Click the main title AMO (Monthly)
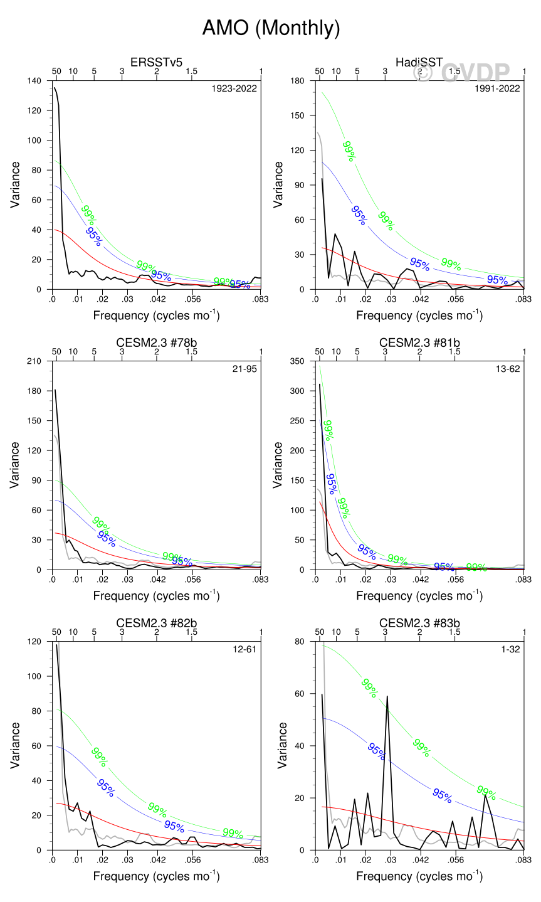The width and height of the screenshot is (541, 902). coord(271,28)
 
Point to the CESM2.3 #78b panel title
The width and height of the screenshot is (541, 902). coord(156,342)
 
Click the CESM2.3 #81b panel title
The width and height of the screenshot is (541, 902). coord(419,342)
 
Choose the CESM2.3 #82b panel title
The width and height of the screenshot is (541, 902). coord(156,623)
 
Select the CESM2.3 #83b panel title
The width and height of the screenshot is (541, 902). coord(419,623)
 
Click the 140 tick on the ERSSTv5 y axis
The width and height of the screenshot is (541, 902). coord(35,81)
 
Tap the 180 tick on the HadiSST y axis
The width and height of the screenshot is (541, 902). coord(298,81)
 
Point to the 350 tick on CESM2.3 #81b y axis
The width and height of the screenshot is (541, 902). coord(298,361)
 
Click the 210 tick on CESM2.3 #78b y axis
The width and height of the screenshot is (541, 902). coord(35,361)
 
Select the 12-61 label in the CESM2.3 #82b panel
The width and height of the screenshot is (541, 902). coord(244,649)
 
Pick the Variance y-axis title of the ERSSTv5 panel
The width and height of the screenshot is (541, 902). coord(16,185)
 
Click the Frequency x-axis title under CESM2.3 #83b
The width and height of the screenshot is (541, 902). coord(419,876)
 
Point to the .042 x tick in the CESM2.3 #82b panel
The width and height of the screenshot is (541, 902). coord(157,859)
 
